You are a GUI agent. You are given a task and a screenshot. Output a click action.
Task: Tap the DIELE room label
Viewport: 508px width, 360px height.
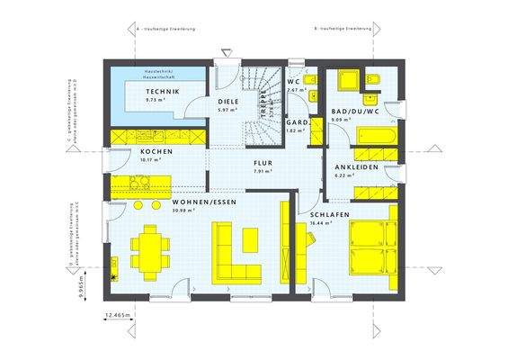coord(227,102)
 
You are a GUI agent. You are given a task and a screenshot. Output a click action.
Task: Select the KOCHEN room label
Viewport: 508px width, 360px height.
coord(156,151)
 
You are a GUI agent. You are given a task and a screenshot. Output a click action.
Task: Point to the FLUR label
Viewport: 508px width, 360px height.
coord(263,163)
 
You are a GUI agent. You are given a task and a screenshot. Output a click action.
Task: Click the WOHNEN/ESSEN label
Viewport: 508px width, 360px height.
coord(203,202)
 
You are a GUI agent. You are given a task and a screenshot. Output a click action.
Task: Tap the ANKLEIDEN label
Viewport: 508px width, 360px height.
coord(355,167)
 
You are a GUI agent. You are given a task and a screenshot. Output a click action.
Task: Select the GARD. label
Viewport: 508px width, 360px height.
coord(298,121)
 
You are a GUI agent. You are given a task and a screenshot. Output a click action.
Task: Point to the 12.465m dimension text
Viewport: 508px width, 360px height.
coord(118,315)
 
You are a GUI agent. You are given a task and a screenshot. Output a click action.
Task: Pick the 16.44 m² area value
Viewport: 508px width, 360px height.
coord(324,222)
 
